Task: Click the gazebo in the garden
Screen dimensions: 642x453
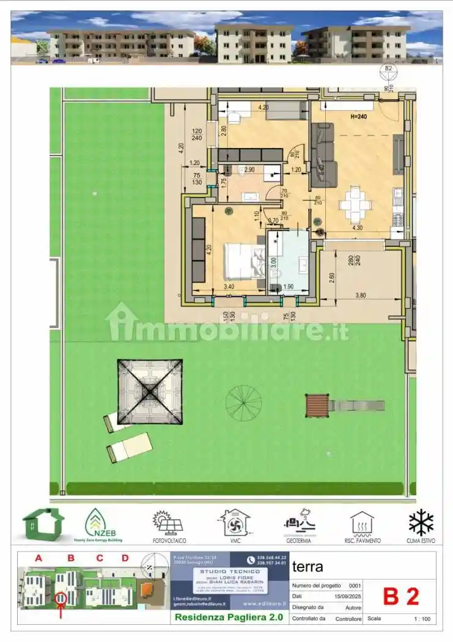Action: [x=150, y=391]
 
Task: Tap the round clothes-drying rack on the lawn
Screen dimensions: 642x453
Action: [x=243, y=403]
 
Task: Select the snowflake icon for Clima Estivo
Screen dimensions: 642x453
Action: [x=421, y=523]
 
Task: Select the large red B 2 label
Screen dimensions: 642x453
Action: [x=400, y=597]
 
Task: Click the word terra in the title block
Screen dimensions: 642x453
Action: [x=308, y=566]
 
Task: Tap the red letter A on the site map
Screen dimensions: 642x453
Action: [x=39, y=558]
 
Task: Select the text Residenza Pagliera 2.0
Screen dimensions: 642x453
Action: [x=229, y=617]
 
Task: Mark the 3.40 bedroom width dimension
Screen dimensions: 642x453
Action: [x=229, y=285]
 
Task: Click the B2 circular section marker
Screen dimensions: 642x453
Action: [x=388, y=68]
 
